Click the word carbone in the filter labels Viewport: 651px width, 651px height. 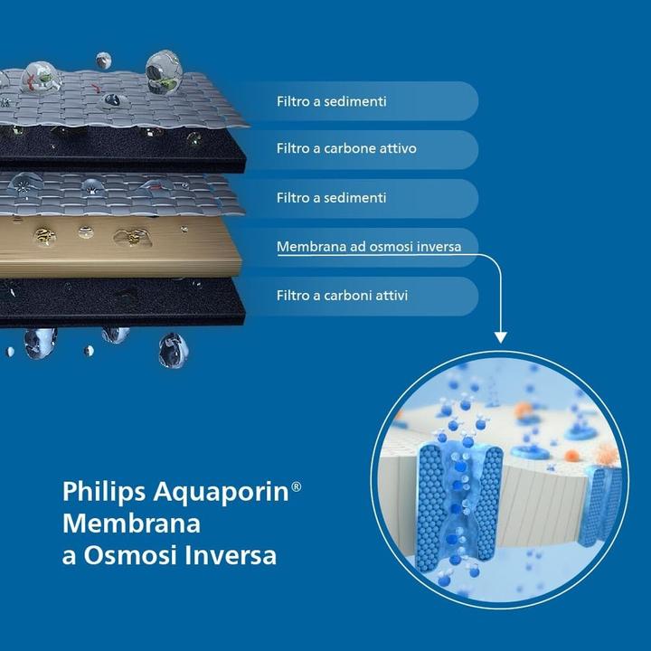351,149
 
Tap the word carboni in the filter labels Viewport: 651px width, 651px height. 351,296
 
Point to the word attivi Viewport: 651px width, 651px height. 399,296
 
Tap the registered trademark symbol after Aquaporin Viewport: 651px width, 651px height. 296,486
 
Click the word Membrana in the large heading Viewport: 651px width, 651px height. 131,524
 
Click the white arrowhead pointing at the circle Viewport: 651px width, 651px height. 500,337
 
